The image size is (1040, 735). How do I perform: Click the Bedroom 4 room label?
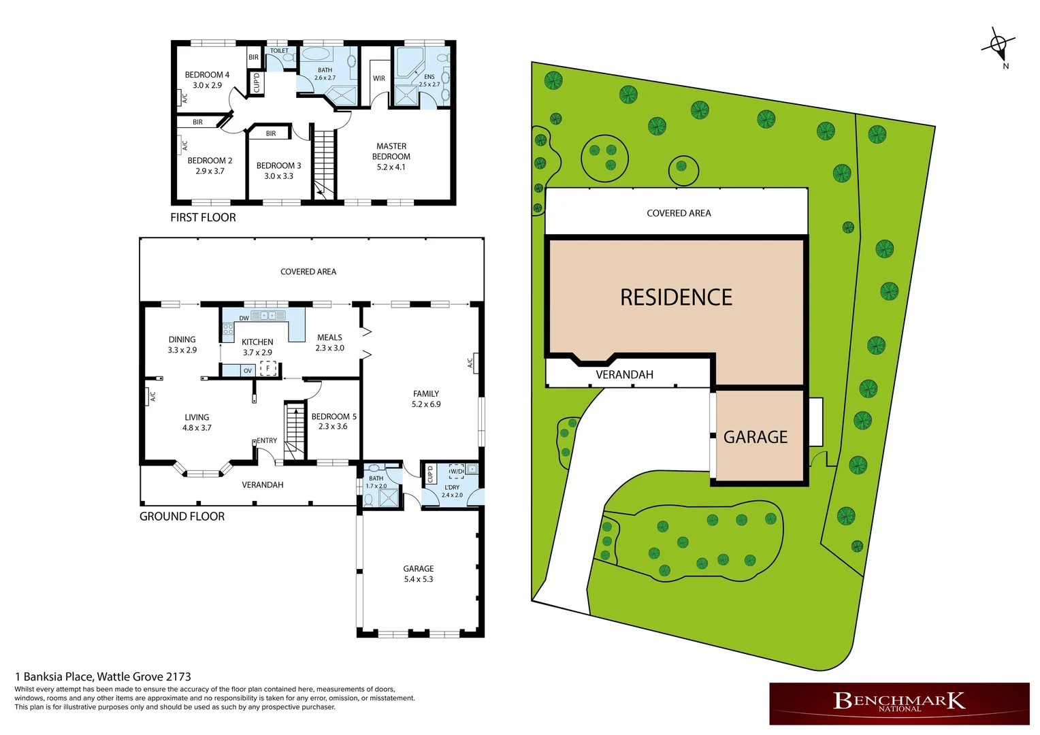pos(207,75)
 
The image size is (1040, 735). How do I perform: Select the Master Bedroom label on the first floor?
pos(391,151)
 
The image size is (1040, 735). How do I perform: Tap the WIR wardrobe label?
pos(379,78)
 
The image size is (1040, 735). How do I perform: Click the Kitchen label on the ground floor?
pos(257,342)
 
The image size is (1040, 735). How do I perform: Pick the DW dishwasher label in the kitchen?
pos(244,318)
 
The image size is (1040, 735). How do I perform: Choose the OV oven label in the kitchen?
pos(248,371)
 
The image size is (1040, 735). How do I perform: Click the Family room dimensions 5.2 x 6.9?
pos(426,404)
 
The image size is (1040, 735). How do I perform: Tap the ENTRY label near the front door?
pos(267,441)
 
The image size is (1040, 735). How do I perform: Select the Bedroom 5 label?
pos(334,416)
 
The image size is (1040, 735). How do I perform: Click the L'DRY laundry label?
pos(452,487)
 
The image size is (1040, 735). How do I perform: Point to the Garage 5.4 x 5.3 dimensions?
pos(419,579)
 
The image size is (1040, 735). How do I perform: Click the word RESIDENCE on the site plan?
pos(676,297)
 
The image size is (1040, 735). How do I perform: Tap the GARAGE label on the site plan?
pos(755,437)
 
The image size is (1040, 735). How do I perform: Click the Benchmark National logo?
pos(899,703)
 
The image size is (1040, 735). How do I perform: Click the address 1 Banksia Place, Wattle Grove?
pos(103,676)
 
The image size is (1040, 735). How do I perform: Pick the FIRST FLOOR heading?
pos(203,218)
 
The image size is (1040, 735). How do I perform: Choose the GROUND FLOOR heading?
pos(182,517)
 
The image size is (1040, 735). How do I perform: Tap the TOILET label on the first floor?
pos(279,51)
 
